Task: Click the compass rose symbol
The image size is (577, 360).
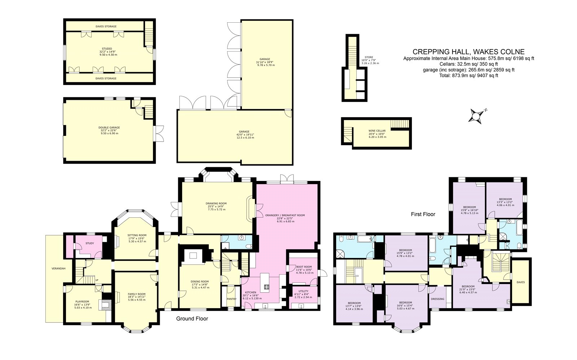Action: (x=477, y=116)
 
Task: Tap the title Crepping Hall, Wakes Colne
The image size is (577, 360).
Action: (x=468, y=52)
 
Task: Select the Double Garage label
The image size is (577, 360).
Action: (x=109, y=128)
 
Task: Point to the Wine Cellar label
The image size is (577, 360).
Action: (x=377, y=131)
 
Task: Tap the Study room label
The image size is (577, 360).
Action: (x=89, y=243)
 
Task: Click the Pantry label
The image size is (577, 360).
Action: (x=231, y=299)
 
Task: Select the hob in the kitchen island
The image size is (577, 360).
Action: (x=267, y=287)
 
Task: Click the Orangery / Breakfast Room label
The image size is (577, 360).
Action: (x=285, y=215)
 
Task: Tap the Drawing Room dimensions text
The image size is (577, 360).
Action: (x=216, y=208)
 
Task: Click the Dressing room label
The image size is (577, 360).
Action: (x=437, y=299)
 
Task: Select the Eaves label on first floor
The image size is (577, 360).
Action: (x=520, y=282)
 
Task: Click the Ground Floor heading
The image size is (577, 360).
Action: (x=192, y=319)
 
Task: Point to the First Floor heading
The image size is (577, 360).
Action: (x=423, y=214)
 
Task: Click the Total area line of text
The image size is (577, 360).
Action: (x=468, y=76)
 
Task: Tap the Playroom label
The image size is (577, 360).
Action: (x=82, y=302)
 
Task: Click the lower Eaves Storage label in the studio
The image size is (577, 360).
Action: (x=106, y=78)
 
